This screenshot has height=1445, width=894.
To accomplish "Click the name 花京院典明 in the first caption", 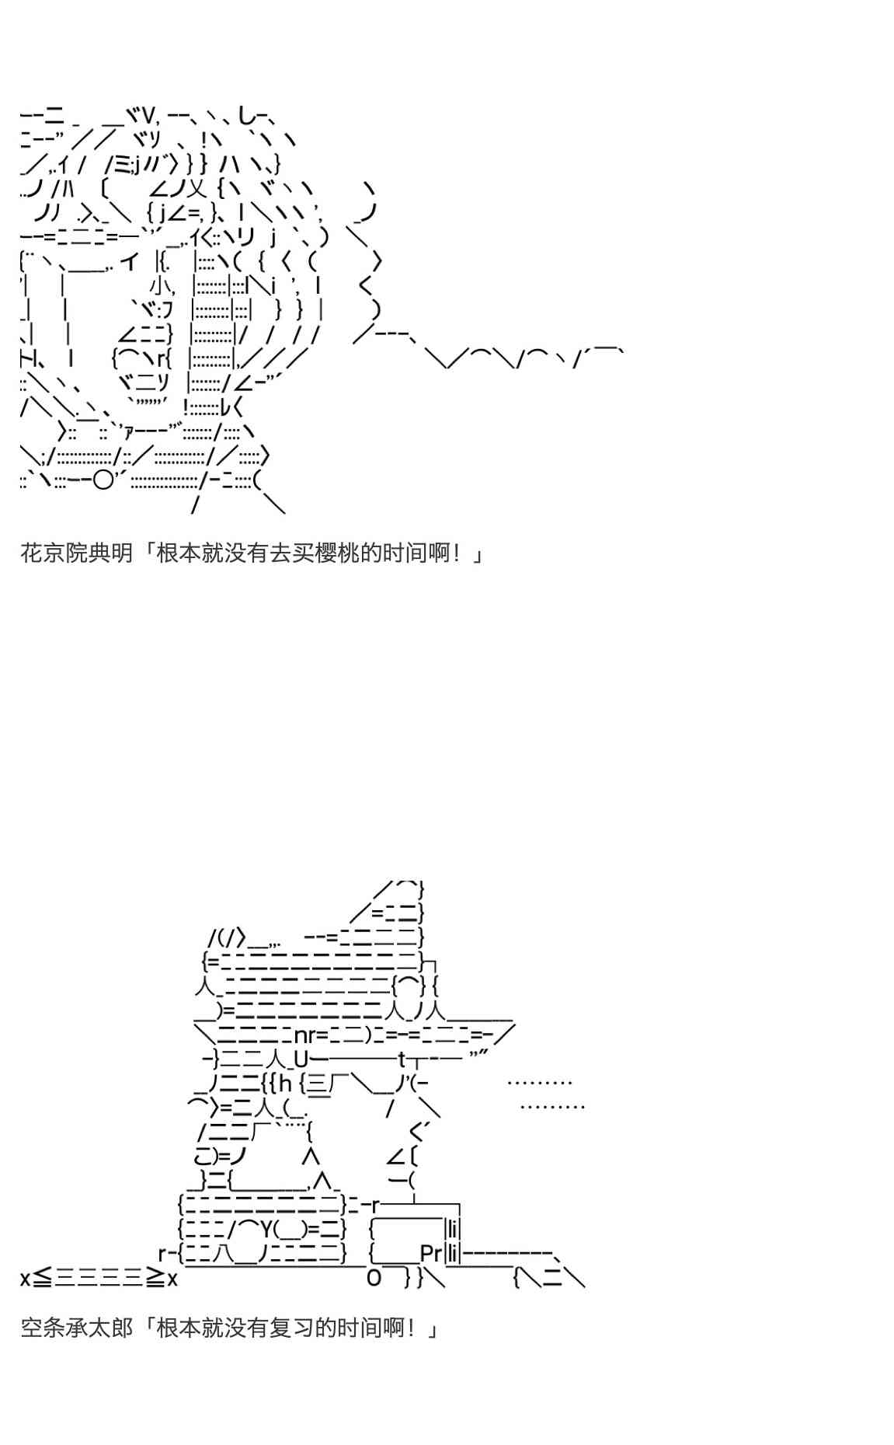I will [76, 553].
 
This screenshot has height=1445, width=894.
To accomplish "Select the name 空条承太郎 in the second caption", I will [76, 1328].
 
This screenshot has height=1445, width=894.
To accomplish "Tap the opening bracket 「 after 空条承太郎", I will [145, 1328].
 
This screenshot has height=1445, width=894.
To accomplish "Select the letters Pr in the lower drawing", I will [430, 1253].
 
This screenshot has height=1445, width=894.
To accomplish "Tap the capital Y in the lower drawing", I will [265, 1229].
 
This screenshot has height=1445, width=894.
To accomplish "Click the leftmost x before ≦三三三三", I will [25, 1278].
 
